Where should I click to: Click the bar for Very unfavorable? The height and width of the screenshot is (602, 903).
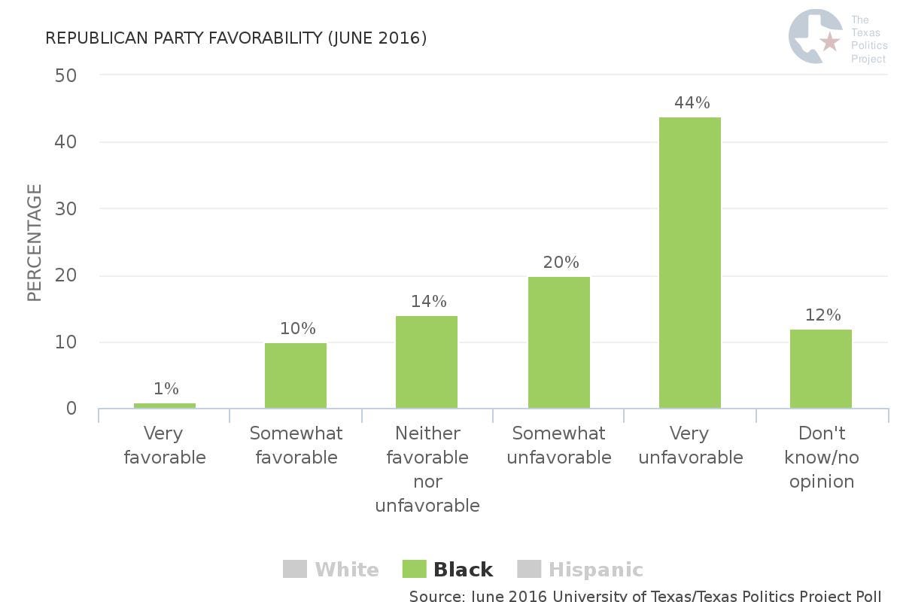[x=689, y=263]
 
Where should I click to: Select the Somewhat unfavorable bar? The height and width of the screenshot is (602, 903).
[x=558, y=342]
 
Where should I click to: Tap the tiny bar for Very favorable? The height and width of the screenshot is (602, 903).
[x=165, y=406]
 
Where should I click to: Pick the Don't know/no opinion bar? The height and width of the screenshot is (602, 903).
[x=820, y=369]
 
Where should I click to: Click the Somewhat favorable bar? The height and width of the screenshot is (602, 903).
[x=296, y=375]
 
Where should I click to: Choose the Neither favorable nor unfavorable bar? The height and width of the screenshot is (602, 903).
[x=427, y=362]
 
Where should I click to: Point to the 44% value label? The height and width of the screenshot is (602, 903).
[x=692, y=102]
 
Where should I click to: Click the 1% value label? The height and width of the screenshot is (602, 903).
[x=166, y=388]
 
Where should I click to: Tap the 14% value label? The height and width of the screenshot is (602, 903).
[x=429, y=301]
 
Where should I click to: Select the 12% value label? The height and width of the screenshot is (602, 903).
[x=822, y=315]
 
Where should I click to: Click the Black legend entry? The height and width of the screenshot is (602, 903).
[x=448, y=570]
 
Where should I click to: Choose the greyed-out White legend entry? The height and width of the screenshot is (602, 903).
[x=331, y=570]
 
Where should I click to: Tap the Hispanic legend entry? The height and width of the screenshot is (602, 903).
[x=580, y=570]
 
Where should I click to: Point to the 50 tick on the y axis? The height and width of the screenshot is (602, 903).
[x=66, y=75]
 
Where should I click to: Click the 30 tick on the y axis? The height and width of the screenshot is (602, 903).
[x=66, y=208]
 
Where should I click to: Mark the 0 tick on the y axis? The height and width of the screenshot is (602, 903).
[x=71, y=409]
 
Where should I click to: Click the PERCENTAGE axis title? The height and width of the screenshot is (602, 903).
[x=35, y=242]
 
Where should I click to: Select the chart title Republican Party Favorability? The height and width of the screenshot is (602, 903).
[x=236, y=38]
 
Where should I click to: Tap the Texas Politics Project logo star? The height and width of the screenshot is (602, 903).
[x=830, y=41]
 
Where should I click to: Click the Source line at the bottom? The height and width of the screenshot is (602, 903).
[x=645, y=596]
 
